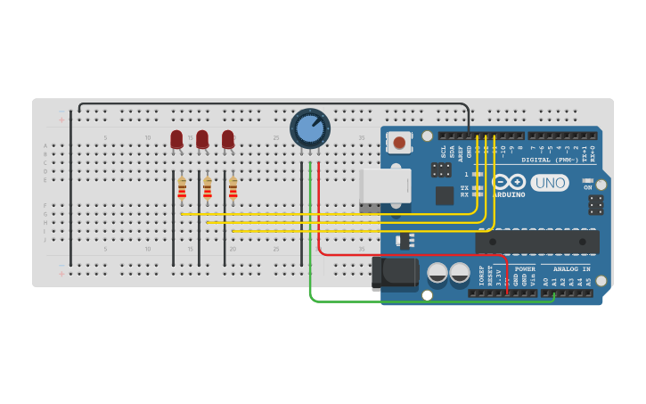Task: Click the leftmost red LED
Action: (176, 139)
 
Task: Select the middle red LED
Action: (202, 139)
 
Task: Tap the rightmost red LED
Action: (228, 139)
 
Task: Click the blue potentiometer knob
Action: (309, 128)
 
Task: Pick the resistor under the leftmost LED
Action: (182, 188)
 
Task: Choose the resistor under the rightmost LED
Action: (233, 188)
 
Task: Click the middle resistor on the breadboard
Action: (208, 188)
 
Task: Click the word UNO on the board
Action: (550, 183)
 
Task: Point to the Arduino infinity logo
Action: (509, 182)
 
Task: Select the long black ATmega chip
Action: (536, 242)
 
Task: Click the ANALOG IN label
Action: (571, 268)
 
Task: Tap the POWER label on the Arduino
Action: (525, 268)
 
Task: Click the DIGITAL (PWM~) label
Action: (549, 161)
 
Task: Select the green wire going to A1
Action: (428, 301)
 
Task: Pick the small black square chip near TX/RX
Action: (445, 195)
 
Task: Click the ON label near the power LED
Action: (587, 187)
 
